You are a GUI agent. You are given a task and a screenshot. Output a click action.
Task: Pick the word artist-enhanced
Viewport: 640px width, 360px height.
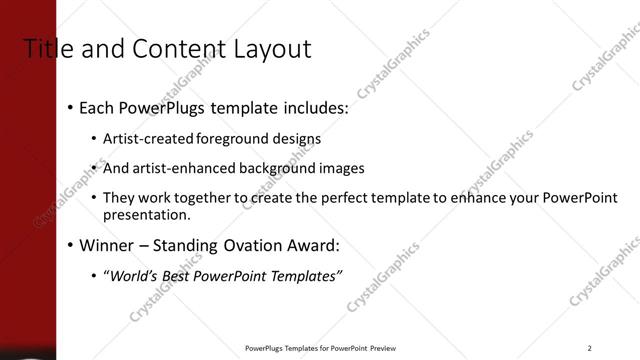coord(183,168)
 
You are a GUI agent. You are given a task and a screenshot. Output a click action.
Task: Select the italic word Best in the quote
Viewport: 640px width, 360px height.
coord(190,275)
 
